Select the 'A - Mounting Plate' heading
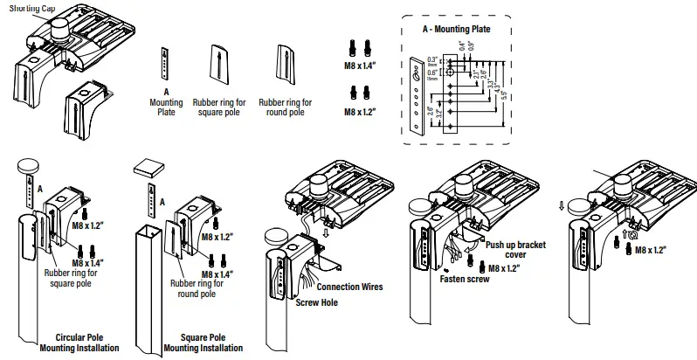(455, 29)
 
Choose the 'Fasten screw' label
(464, 280)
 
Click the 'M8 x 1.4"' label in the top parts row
(359, 65)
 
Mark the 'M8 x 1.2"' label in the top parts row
(359, 112)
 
